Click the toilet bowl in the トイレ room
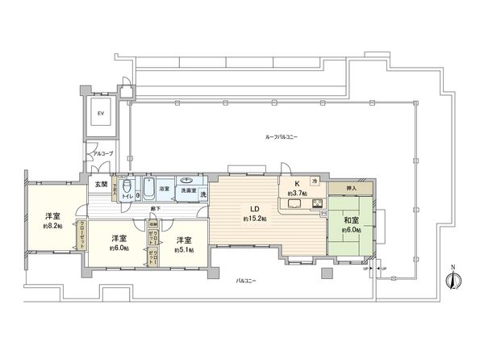pos(139,194)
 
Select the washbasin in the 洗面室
pos(186,181)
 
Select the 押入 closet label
pos(351,187)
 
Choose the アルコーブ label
pos(102,152)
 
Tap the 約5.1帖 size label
pos(182,250)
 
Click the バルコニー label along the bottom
pos(247,281)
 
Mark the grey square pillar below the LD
pos(325,273)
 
